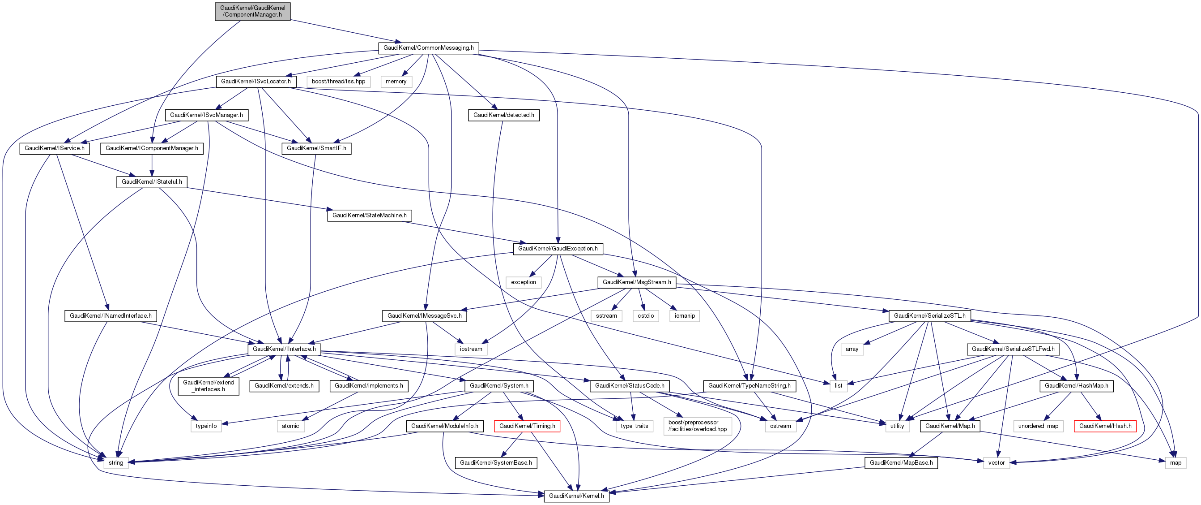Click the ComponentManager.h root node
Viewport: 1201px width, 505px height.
point(252,11)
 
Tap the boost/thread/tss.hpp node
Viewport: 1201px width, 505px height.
point(338,82)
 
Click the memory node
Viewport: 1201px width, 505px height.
point(396,82)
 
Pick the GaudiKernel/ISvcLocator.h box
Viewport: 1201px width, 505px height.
point(256,82)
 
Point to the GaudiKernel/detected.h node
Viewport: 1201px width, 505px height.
point(503,115)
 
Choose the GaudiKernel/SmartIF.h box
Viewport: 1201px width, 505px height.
point(316,148)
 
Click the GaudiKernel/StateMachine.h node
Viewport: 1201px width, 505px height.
point(369,216)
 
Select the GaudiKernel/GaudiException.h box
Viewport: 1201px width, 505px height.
point(558,249)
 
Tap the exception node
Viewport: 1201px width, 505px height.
point(523,282)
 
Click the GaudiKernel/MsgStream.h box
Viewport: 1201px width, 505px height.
point(636,282)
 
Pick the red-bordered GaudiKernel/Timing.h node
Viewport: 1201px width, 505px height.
point(527,426)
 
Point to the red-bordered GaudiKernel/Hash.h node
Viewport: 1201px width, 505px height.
point(1104,426)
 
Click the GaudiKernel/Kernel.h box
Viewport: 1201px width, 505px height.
point(576,496)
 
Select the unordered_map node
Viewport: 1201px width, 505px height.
point(1038,426)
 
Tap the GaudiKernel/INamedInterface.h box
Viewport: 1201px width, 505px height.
point(111,316)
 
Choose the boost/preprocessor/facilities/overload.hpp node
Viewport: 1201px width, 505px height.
point(697,426)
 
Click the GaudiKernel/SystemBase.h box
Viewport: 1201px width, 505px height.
point(496,463)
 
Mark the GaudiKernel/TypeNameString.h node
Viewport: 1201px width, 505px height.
point(749,386)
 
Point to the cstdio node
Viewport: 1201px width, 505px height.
point(646,316)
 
